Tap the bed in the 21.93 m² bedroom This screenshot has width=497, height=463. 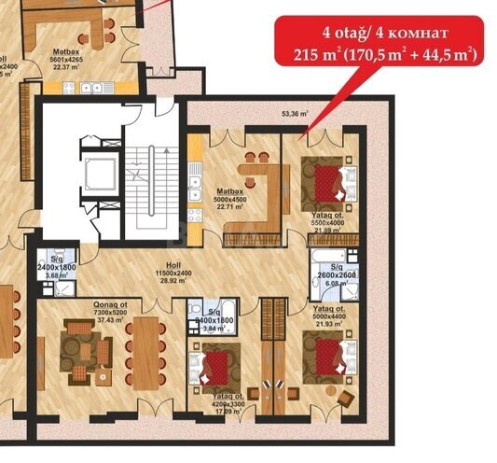click(x=327, y=356)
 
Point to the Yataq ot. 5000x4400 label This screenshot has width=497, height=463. click(x=327, y=314)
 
